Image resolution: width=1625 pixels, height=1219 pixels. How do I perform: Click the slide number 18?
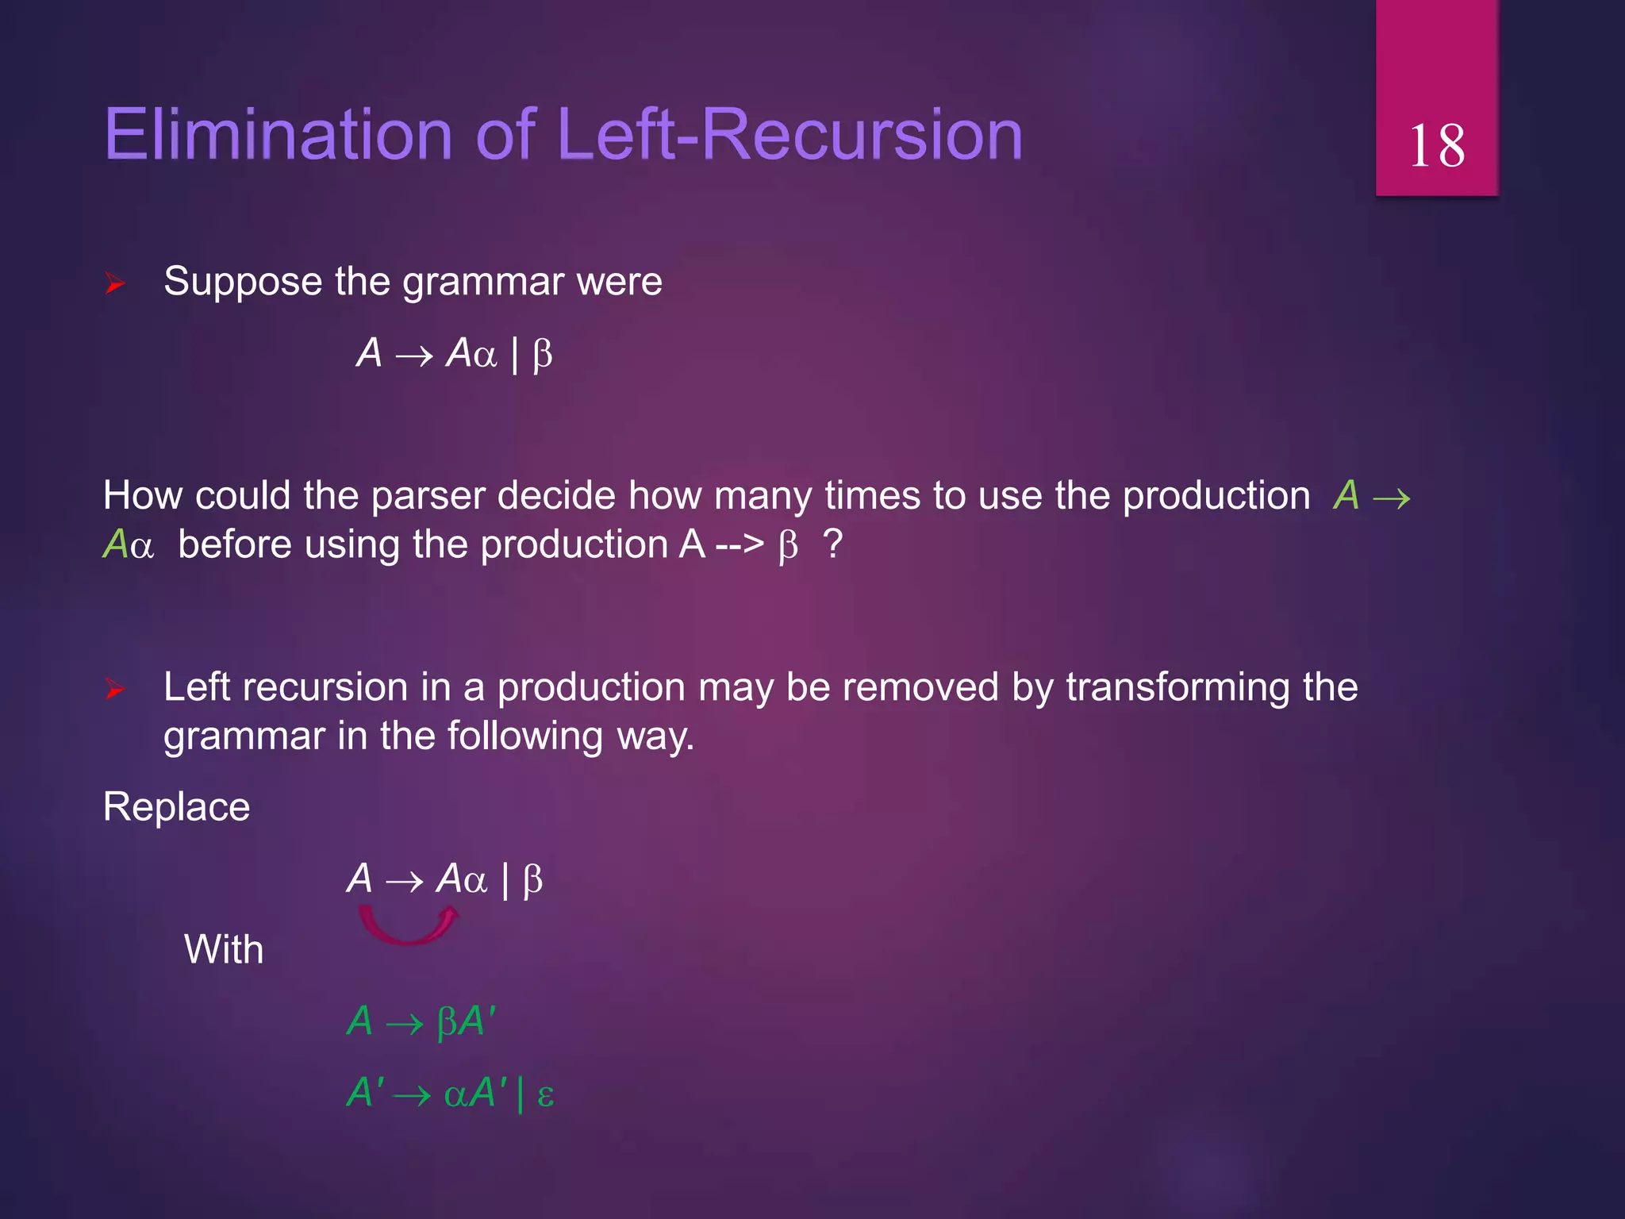[1436, 146]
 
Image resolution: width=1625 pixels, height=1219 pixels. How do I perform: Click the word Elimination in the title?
[278, 134]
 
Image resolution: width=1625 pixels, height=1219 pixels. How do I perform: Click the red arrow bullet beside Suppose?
[115, 283]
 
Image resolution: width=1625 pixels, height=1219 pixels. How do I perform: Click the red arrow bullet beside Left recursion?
[115, 688]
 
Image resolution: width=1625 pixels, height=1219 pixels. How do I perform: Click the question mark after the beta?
[832, 544]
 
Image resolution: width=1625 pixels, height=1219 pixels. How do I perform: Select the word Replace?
[176, 807]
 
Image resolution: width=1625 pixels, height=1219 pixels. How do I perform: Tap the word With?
[224, 949]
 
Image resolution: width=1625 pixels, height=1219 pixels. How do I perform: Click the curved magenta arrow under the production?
[409, 927]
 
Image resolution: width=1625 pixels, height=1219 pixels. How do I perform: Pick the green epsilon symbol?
[545, 1095]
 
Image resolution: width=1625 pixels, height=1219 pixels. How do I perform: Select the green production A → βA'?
[421, 1021]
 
